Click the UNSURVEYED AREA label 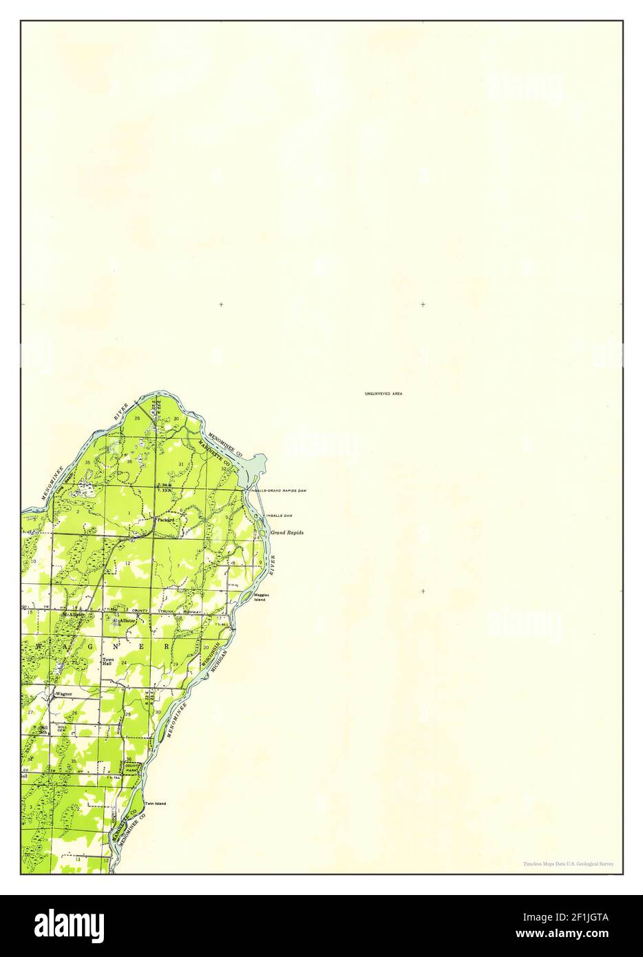pyautogui.click(x=383, y=393)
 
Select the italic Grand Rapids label pyautogui.click(x=286, y=533)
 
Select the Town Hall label pyautogui.click(x=107, y=662)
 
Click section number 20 pyautogui.click(x=206, y=648)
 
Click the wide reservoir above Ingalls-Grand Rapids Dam pyautogui.click(x=252, y=467)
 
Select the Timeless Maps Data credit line pyautogui.click(x=568, y=863)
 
